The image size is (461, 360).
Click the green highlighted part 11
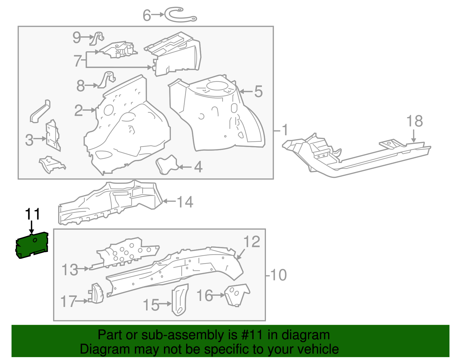point(32,245)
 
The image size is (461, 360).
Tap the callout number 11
point(32,214)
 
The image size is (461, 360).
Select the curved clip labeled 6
point(180,15)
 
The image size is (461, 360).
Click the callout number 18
point(414,121)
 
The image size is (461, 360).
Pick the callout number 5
point(258,92)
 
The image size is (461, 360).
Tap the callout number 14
point(185,202)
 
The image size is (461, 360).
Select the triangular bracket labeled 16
point(236,295)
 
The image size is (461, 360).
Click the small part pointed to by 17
point(97,293)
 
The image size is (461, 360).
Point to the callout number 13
point(70,270)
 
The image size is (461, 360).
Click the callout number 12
point(252,242)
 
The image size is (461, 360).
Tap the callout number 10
point(278,275)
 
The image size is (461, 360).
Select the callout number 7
point(78,61)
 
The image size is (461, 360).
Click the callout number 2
point(78,110)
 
